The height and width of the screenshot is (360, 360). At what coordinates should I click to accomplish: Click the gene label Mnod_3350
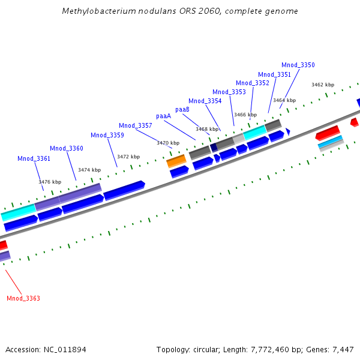pos(298,65)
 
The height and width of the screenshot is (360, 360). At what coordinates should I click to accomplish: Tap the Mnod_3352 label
pos(252,83)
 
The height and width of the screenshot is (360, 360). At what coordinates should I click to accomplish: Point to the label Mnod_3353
pos(229,92)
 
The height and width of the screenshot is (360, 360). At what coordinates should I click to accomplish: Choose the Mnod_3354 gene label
pos(205,101)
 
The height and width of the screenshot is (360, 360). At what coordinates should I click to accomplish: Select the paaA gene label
pos(163,116)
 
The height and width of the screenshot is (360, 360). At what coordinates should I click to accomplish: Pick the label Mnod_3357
pos(135,125)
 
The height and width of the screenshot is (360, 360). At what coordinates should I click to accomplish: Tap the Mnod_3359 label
pos(107,135)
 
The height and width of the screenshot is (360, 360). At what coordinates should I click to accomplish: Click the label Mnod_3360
pos(66,148)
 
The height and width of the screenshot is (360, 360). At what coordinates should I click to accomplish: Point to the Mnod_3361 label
pos(34,158)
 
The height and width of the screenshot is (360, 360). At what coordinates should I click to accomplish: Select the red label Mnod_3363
pos(23,298)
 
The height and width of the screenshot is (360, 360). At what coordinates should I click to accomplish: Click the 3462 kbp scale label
pos(322,85)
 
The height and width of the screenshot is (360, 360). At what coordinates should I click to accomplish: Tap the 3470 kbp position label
pos(167,143)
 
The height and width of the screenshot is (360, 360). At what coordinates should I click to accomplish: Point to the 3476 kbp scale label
pos(50,182)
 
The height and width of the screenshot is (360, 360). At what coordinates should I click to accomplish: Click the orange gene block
pos(176,160)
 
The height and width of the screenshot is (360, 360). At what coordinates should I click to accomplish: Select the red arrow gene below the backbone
pos(328,131)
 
